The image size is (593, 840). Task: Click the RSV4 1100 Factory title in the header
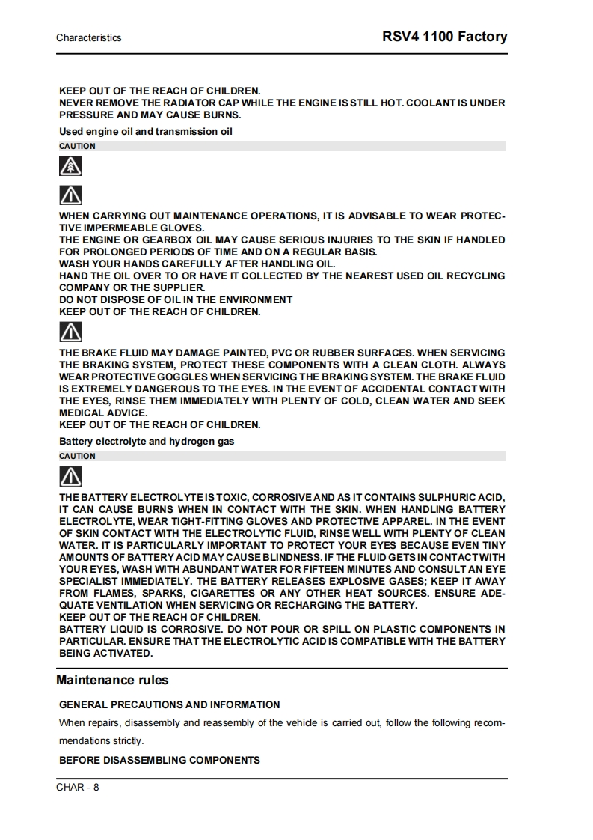444,36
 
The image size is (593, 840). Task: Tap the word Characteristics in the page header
88,37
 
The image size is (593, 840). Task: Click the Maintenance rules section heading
112,680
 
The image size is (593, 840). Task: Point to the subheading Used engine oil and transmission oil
146,132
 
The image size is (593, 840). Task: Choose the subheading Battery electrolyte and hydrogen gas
147,442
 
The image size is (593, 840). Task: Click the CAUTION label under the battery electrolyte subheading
77,456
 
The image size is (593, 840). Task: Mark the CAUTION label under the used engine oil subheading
77,146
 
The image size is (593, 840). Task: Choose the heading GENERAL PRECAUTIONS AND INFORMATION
170,704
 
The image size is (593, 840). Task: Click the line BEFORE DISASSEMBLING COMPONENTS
159,760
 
